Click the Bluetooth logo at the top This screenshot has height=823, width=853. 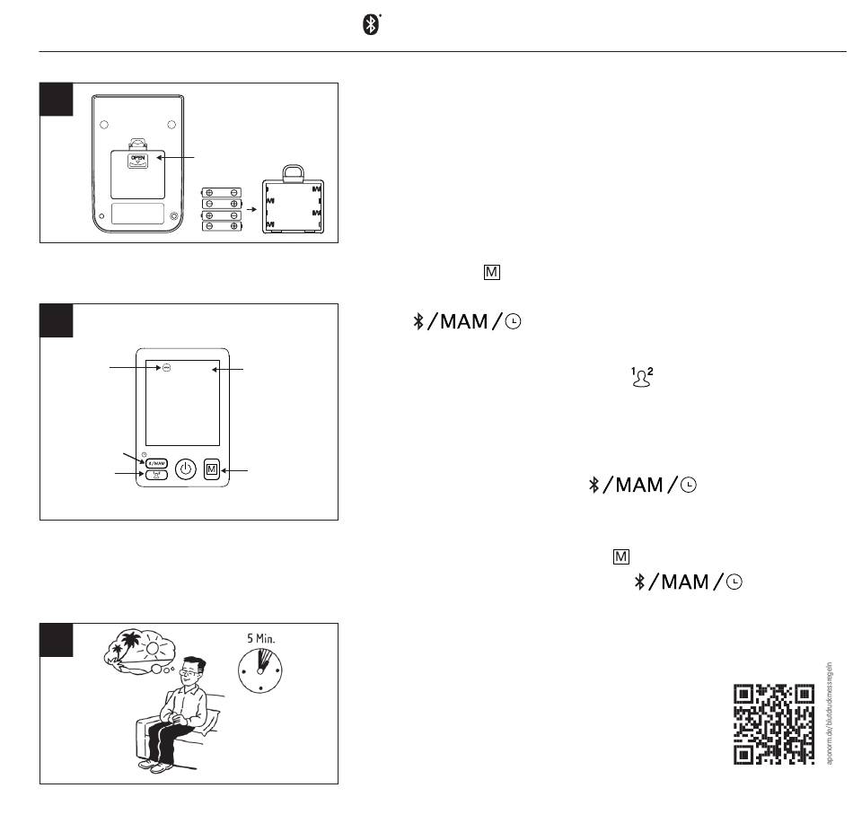tap(371, 25)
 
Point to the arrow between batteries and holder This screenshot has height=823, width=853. tap(251, 207)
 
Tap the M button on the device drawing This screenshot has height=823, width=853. tap(212, 469)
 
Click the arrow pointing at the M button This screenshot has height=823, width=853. tap(237, 470)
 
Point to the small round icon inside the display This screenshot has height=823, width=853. tap(167, 368)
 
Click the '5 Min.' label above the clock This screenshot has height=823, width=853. tap(262, 639)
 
